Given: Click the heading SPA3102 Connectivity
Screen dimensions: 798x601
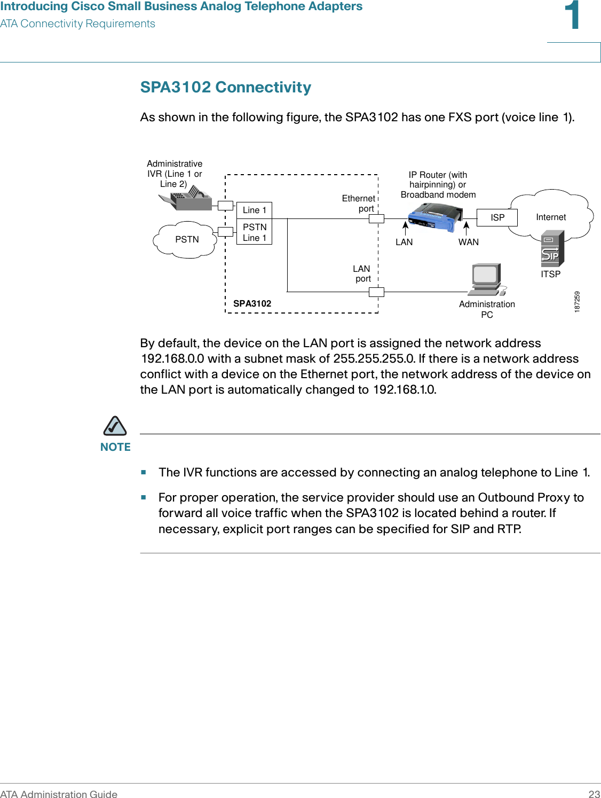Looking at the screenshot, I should [225, 87].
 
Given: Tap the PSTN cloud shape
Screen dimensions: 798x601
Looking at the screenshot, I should [186, 239].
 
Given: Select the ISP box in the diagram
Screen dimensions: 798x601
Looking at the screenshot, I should [497, 217].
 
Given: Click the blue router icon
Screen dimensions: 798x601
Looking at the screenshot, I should [434, 216].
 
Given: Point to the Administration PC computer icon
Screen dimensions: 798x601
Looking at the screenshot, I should [486, 279].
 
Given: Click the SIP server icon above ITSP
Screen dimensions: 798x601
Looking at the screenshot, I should [552, 248].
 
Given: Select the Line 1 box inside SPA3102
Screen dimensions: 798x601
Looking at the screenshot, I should [254, 210].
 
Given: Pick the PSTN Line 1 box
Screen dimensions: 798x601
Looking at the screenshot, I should [254, 232].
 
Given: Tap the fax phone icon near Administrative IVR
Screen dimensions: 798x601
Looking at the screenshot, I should [186, 199].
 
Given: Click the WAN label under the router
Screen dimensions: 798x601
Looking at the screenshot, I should [468, 242].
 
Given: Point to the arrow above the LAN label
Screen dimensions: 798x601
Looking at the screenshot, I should [405, 228].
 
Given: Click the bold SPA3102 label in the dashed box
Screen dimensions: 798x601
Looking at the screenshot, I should [252, 303].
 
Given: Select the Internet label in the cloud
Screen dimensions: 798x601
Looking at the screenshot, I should [551, 217].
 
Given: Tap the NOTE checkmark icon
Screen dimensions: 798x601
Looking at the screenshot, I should [115, 426].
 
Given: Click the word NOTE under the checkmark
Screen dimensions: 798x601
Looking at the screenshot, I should [115, 447].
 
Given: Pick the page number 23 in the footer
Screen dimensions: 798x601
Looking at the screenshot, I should [594, 794].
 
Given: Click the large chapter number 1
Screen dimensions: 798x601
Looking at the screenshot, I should [573, 16].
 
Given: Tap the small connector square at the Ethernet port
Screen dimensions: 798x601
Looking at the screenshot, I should [376, 218].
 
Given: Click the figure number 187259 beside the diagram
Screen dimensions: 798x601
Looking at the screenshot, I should [577, 302].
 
